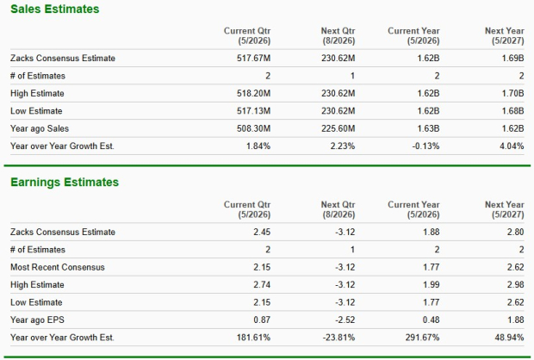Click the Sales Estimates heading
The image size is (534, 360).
(54, 9)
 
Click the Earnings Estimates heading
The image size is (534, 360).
(65, 183)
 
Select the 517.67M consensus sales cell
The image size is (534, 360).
(254, 59)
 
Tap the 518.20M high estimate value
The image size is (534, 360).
(254, 94)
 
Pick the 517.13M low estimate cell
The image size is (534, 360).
(254, 111)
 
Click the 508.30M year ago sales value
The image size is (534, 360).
(254, 128)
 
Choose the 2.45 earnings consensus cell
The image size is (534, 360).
(262, 233)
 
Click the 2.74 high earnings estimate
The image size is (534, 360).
(262, 284)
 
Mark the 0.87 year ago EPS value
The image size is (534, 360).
(262, 320)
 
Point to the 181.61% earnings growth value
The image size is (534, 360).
(254, 337)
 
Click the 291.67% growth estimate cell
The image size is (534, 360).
(423, 337)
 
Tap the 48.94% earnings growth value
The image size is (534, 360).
(509, 337)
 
